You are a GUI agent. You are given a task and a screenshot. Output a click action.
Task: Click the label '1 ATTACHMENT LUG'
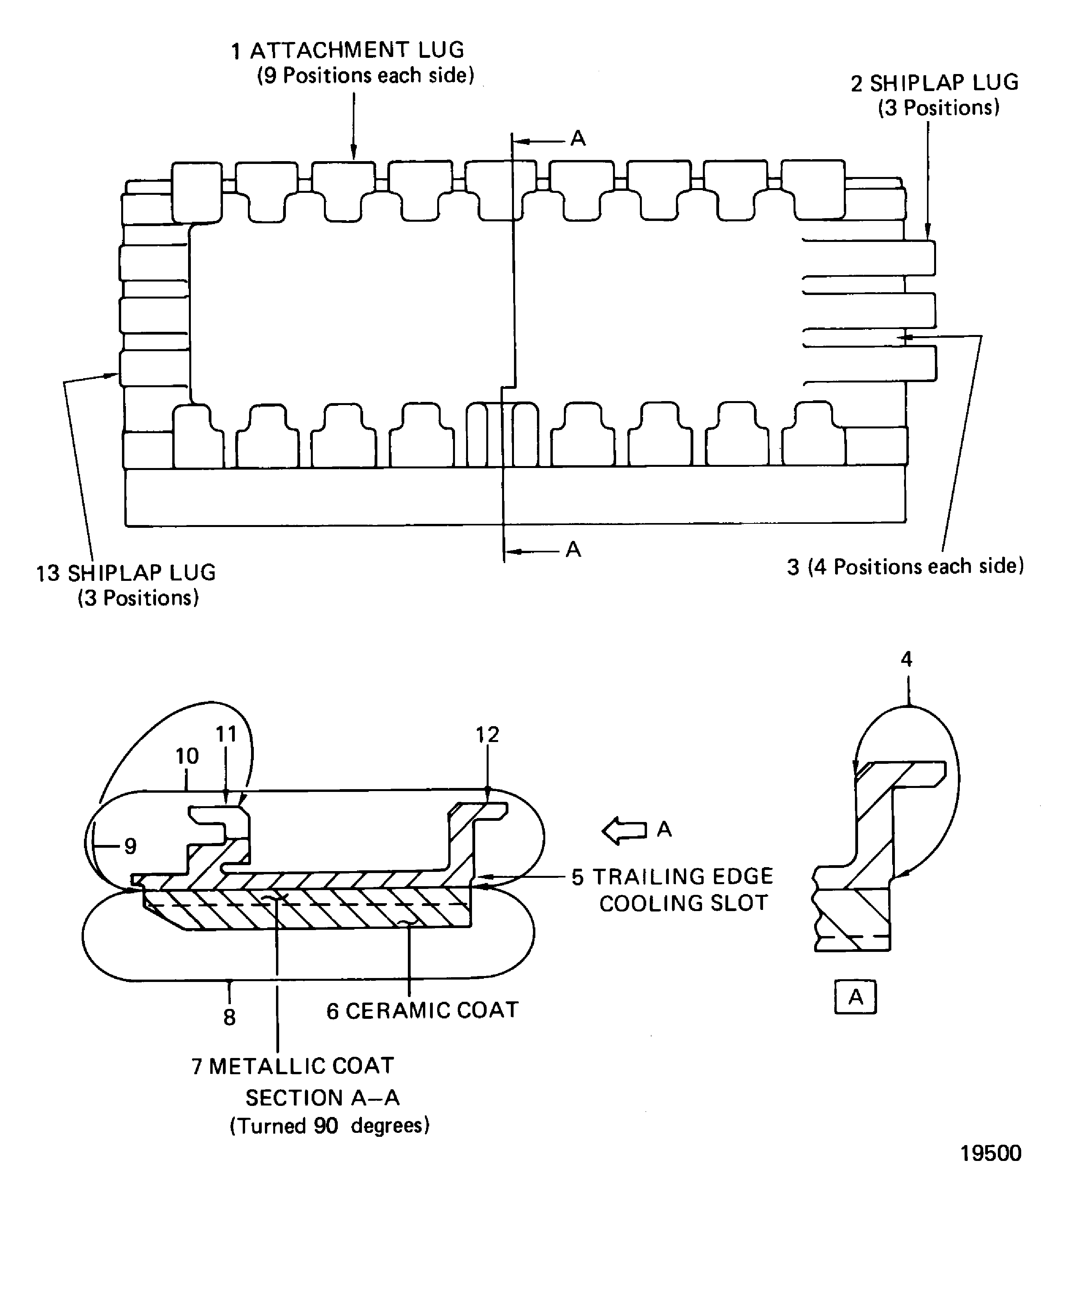(348, 50)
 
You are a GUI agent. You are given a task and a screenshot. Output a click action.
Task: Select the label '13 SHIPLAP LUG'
(126, 573)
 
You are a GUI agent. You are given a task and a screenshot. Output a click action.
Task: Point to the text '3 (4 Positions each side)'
(905, 567)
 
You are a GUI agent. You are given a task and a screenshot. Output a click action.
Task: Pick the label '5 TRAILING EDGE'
(672, 877)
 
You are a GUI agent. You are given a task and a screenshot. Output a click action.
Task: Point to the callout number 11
(226, 734)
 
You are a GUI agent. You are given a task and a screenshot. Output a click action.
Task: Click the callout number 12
(487, 734)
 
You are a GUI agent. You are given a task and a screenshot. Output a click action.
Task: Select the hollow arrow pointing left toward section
(624, 830)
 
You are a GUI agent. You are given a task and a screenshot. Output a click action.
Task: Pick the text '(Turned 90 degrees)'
(329, 1126)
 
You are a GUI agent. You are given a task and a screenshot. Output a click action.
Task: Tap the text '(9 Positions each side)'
(365, 76)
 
